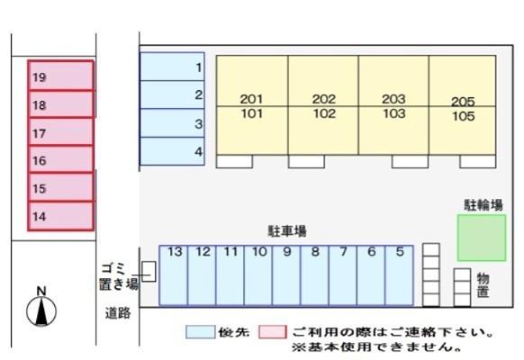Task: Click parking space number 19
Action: pos(61,76)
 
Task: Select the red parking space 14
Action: pos(61,216)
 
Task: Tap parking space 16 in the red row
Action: pos(61,159)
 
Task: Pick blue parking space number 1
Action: pos(173,67)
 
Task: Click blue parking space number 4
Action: pos(173,151)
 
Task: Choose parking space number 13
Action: pos(174,275)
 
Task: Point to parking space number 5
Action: pos(400,275)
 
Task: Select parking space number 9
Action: pos(286,275)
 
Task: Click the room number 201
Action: pos(251,99)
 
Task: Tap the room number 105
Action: pos(464,116)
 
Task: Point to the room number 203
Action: pos(394,99)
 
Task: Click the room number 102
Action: pos(324,113)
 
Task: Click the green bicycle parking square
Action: pos(482,238)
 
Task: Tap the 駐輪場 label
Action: pos(483,205)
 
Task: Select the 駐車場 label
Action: pos(287,231)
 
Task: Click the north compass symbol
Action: pos(41,307)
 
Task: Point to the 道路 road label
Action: pos(118,313)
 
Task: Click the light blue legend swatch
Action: pos(201,332)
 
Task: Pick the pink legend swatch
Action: pos(273,332)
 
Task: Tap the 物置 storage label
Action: pos(483,285)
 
